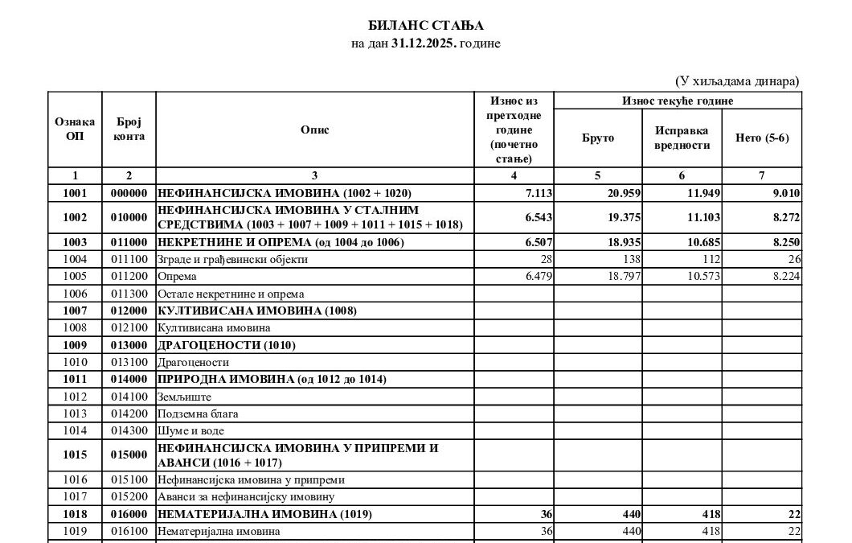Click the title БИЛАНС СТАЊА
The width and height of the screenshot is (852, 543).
[425, 26]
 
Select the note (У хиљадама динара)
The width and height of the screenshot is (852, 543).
[736, 81]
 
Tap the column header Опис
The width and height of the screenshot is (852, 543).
[314, 130]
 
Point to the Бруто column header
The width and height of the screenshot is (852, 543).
[597, 138]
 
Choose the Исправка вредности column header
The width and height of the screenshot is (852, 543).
[682, 138]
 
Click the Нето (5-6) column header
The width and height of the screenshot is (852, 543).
[762, 138]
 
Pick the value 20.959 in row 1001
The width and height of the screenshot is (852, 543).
[615, 193]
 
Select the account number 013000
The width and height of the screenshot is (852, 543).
[129, 345]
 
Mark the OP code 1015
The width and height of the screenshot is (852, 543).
[75, 455]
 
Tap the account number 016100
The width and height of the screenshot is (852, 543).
[129, 531]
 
